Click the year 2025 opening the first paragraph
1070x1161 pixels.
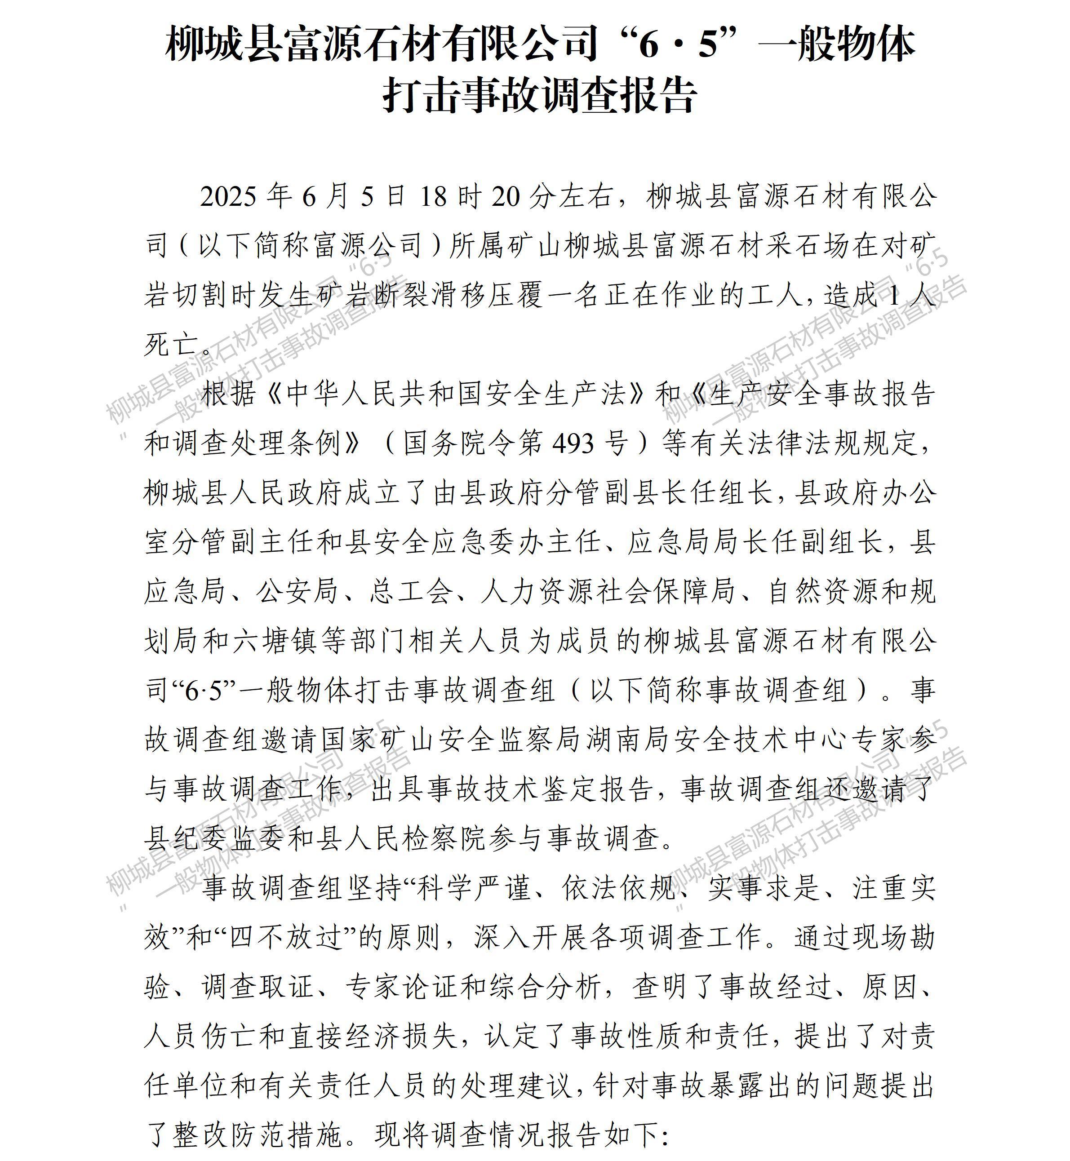point(228,197)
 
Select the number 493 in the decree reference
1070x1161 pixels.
point(573,444)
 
